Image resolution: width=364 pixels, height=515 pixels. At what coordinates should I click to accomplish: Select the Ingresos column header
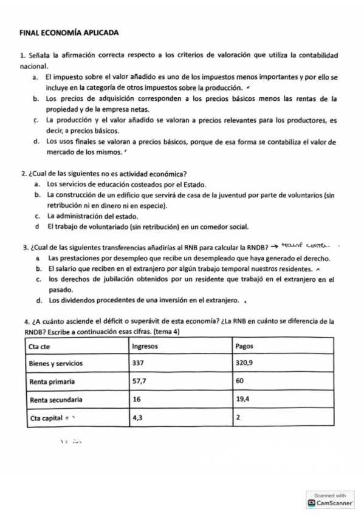tap(145, 346)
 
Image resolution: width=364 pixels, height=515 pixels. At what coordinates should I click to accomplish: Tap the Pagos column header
tap(244, 346)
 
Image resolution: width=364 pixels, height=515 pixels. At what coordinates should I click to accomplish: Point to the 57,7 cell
tap(139, 382)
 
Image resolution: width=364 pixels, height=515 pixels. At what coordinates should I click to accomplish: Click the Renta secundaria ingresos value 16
tap(137, 400)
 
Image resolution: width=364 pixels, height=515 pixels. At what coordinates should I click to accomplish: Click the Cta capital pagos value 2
tap(237, 418)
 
